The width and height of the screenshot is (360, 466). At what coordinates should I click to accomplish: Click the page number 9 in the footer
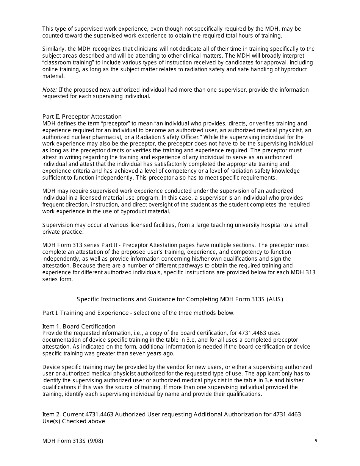click(316, 441)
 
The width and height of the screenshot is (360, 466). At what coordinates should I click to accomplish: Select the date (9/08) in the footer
click(95, 441)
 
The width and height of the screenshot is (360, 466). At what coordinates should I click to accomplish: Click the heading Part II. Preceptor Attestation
click(82, 117)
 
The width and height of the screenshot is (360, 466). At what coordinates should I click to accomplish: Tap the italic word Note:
click(50, 90)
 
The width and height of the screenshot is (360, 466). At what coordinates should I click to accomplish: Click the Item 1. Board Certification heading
click(79, 327)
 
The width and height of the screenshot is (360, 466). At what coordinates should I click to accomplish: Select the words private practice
click(63, 232)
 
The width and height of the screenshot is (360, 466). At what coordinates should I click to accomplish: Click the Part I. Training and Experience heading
click(85, 313)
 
